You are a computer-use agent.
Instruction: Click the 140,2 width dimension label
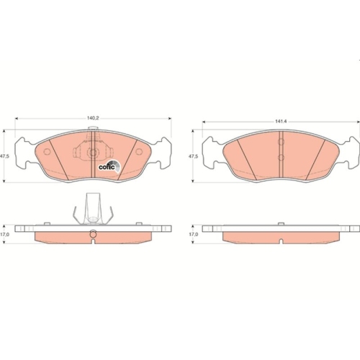click(x=93, y=118)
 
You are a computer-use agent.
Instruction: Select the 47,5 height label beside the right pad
click(x=193, y=156)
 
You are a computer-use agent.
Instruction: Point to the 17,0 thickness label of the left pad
click(x=5, y=235)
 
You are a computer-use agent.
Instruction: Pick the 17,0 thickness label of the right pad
click(x=193, y=235)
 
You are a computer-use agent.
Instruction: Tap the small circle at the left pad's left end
click(x=47, y=152)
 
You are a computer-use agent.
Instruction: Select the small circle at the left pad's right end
click(x=139, y=152)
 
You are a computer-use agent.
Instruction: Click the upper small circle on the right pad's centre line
click(x=281, y=142)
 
